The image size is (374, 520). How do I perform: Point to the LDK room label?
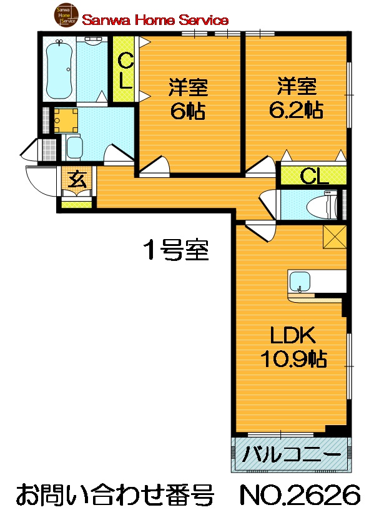(x=293, y=336)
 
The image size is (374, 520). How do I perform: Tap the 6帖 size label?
(x=187, y=111)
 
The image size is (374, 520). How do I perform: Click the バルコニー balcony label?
(x=292, y=453)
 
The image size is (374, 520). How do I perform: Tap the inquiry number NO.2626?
(x=300, y=496)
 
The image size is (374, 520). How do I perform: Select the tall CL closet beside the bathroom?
(x=125, y=71)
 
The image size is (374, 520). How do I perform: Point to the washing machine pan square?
(x=65, y=119)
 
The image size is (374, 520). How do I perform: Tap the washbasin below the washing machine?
(x=74, y=148)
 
